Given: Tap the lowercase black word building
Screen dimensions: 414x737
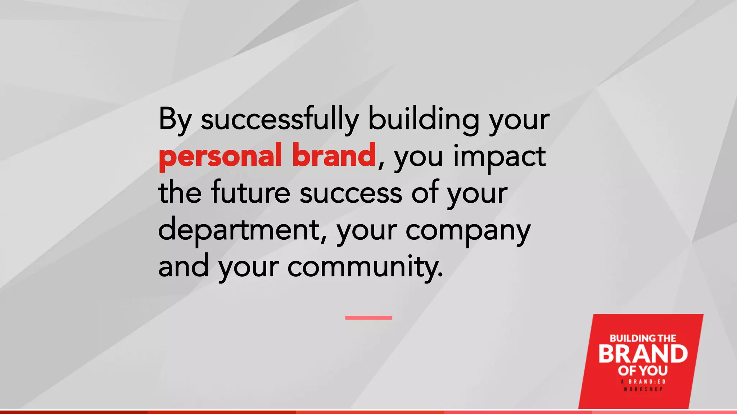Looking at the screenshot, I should click(x=424, y=120).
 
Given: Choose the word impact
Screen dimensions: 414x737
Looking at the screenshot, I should click(x=499, y=157).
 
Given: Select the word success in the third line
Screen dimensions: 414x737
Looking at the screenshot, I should click(x=351, y=193).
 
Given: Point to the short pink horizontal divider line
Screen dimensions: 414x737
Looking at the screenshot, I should click(x=368, y=318).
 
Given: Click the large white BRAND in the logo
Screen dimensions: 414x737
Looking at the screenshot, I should click(x=643, y=354).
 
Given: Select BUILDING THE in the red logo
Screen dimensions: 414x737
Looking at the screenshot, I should click(x=643, y=338).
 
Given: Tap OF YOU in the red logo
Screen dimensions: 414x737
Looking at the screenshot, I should click(x=643, y=370).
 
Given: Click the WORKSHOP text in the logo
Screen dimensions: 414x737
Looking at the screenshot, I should click(x=643, y=389).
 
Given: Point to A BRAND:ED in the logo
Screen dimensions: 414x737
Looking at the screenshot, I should click(x=643, y=382).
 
